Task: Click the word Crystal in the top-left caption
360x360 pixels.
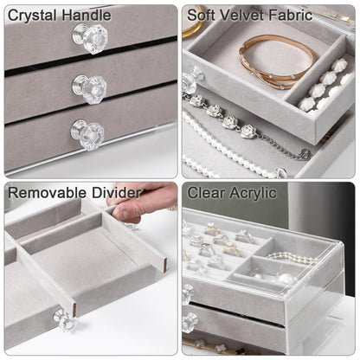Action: click(31, 16)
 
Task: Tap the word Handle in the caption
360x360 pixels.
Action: click(85, 15)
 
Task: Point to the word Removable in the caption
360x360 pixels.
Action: click(44, 193)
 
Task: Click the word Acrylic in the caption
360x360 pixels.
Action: click(254, 193)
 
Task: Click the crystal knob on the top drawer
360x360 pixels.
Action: click(90, 39)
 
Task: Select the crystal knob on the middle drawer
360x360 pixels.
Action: click(89, 89)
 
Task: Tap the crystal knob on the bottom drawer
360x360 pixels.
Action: click(87, 135)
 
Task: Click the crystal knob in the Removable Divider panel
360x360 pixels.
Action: click(64, 319)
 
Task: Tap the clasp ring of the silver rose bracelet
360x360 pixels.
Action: click(306, 154)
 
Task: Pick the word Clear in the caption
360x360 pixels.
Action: click(207, 193)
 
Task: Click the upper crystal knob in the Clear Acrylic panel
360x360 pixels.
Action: click(189, 294)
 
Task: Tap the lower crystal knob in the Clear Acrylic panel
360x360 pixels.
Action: click(190, 323)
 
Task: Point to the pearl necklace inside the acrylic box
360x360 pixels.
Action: click(292, 258)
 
